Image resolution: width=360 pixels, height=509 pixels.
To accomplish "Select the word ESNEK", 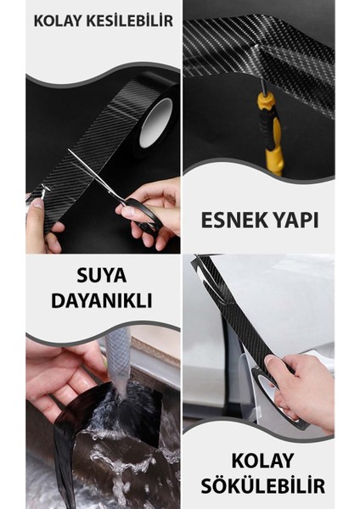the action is point(230,221).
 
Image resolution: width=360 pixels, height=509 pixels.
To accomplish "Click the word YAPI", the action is point(291,221).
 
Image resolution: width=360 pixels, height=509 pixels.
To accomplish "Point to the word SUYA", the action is point(102,276).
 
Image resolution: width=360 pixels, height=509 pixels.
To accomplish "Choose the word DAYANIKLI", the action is point(102,300).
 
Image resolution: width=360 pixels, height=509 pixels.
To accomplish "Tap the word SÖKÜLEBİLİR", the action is point(263,486).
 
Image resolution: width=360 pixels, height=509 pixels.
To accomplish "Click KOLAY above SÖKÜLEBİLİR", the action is point(262,461).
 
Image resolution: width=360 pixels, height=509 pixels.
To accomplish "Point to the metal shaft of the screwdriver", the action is point(264,85).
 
